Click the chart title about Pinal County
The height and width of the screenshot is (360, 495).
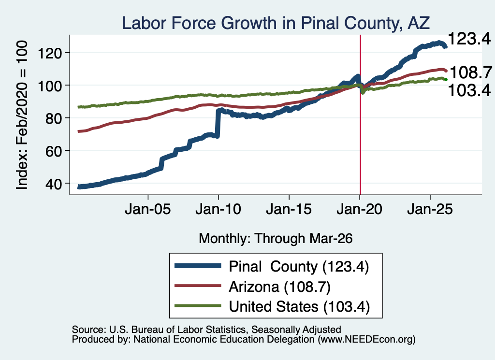tap(276, 23)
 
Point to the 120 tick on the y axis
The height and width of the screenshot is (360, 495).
tap(50, 53)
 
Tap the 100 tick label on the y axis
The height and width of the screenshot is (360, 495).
tap(50, 86)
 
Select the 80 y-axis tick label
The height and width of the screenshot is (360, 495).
tap(53, 118)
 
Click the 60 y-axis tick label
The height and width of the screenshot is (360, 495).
tap(53, 151)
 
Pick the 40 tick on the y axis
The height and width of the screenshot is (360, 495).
tap(53, 184)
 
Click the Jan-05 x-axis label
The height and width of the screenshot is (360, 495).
tap(148, 209)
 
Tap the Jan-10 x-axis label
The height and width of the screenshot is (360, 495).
tap(218, 209)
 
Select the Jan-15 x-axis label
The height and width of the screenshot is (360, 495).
tap(289, 209)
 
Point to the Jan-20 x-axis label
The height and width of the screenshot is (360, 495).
tap(359, 209)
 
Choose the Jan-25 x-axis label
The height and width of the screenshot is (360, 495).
tap(430, 209)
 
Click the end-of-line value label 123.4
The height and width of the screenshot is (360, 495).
tap(469, 39)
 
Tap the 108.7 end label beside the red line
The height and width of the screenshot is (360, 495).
tap(471, 72)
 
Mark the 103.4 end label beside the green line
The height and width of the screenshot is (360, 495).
tap(469, 90)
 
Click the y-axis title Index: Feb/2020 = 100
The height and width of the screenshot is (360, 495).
tap(22, 115)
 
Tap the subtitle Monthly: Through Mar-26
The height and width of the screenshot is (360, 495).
tap(276, 239)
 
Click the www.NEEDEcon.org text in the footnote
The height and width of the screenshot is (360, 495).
tap(366, 340)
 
